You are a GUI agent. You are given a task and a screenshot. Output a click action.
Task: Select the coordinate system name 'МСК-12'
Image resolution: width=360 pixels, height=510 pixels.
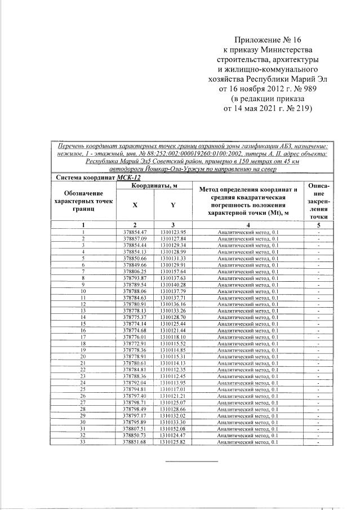(x=140, y=177)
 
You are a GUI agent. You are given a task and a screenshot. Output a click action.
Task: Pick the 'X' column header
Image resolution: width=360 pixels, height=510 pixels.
(x=135, y=205)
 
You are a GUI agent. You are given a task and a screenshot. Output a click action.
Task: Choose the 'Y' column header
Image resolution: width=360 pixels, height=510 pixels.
(x=172, y=205)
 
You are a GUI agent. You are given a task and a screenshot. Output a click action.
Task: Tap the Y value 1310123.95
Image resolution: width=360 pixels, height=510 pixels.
(x=173, y=232)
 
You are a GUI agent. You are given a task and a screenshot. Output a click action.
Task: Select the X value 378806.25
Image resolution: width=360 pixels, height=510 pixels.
(x=135, y=271)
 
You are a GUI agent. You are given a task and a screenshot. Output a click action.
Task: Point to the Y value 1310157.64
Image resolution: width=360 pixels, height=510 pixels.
(x=173, y=271)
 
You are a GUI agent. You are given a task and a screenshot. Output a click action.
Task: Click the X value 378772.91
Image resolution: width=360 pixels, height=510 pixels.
(x=135, y=343)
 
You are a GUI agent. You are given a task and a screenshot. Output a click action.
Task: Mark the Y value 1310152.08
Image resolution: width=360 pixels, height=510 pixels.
(x=173, y=428)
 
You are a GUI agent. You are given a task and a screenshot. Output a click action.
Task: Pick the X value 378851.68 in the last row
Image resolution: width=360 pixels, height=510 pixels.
(x=135, y=441)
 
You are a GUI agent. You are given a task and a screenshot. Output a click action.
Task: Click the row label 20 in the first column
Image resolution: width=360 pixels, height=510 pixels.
(x=83, y=356)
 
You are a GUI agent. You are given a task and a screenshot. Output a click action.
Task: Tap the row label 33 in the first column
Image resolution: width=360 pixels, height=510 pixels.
(x=83, y=441)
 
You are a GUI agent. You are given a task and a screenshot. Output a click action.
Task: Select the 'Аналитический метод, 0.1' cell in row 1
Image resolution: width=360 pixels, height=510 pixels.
(x=248, y=232)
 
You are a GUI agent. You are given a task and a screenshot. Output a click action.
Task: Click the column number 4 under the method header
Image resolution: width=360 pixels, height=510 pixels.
(x=248, y=224)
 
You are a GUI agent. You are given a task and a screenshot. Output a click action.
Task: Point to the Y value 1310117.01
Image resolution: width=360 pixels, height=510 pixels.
(x=173, y=389)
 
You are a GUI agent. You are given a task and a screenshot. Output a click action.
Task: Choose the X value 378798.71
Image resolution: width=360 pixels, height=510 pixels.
(x=135, y=402)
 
